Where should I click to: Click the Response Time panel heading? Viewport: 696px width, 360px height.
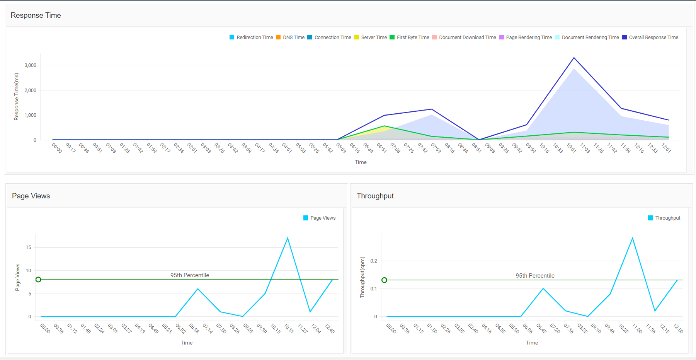(36, 15)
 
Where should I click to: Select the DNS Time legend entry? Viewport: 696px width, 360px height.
(290, 38)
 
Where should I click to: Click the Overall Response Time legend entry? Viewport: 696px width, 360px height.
(650, 38)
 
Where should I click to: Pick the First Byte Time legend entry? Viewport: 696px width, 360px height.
(409, 38)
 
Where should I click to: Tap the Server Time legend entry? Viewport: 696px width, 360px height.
(370, 38)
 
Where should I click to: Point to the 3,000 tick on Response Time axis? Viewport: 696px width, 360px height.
(31, 65)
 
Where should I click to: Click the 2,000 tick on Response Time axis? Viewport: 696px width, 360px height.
(31, 90)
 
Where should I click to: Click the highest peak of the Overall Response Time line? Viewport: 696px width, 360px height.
(574, 58)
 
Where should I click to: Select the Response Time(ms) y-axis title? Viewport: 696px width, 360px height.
(16, 97)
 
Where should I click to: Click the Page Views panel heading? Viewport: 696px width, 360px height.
(31, 196)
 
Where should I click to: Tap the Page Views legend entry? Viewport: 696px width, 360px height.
(320, 218)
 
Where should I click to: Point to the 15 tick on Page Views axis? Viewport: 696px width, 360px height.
(29, 247)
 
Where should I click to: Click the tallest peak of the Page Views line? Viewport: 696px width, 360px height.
(288, 238)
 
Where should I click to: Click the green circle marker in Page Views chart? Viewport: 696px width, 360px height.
(38, 280)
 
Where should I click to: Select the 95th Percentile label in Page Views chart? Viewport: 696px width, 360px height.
(190, 275)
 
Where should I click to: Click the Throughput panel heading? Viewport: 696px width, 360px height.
(375, 196)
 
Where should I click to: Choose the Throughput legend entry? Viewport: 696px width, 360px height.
(664, 218)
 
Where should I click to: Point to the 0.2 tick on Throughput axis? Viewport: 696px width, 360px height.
(374, 261)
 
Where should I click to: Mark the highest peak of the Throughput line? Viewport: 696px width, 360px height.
(633, 238)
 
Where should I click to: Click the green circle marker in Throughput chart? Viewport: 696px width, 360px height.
(384, 280)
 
